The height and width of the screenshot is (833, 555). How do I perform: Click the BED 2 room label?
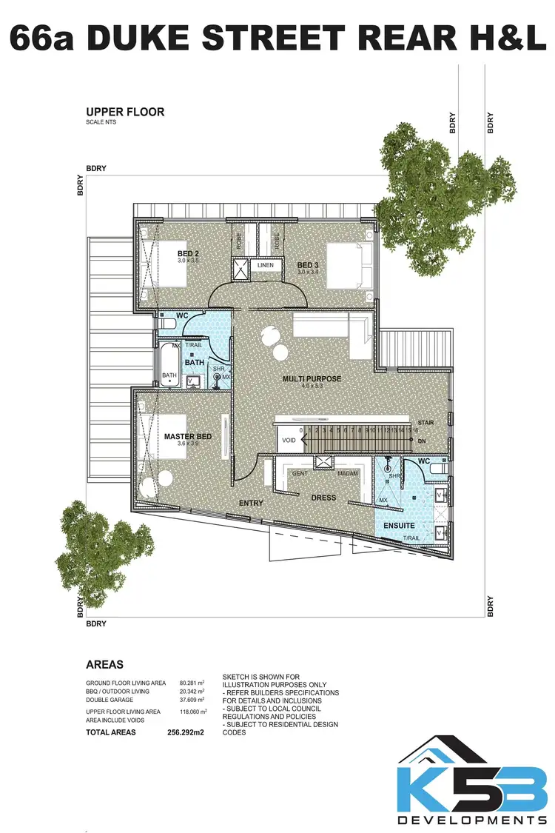click(188, 253)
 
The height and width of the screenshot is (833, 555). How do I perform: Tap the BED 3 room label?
click(308, 265)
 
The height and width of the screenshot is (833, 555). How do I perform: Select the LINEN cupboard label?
click(265, 265)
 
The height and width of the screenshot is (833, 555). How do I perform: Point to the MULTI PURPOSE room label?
click(312, 379)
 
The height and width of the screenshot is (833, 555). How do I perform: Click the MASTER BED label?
click(188, 437)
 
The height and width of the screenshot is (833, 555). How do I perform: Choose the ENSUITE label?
click(398, 526)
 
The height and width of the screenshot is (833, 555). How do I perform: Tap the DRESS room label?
click(323, 498)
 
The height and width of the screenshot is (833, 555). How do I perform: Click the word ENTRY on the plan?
click(251, 504)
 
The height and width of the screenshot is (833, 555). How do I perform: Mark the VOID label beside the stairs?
click(289, 441)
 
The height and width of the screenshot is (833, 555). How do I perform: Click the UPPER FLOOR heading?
click(125, 113)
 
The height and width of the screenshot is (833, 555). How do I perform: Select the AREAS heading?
click(104, 664)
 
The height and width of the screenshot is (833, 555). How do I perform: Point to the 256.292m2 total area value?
click(186, 732)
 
